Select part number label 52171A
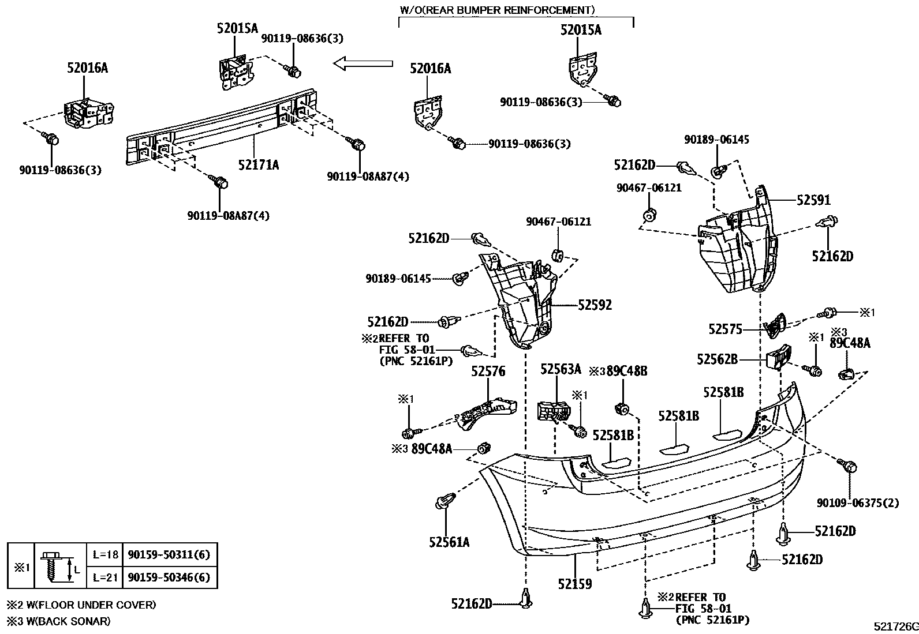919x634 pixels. (258, 165)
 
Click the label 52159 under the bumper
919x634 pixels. (574, 584)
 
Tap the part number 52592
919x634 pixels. (595, 305)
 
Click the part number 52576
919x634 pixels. (488, 372)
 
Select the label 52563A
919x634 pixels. (561, 370)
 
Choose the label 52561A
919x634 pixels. (449, 542)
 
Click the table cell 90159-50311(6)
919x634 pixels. (169, 554)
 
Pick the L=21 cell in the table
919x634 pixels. (105, 577)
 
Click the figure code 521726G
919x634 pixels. (895, 627)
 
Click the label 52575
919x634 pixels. (725, 329)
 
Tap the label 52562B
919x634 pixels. (716, 359)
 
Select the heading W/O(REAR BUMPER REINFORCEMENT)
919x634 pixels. (496, 10)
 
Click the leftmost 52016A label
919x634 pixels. (88, 67)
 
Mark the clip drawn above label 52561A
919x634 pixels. (443, 501)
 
